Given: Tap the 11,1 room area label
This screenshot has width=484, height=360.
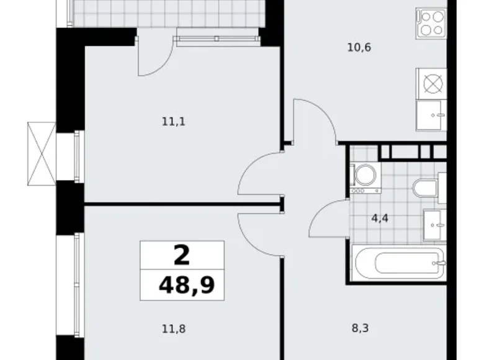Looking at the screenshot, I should [x=174, y=122].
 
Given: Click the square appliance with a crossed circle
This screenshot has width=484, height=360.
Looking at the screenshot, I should [x=431, y=83].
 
